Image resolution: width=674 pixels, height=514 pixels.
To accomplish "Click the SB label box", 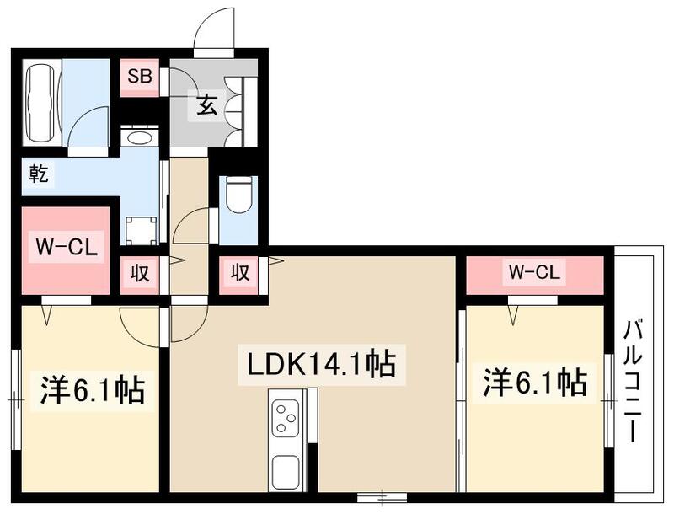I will [139, 76].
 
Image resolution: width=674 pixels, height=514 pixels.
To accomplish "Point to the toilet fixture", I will [238, 196].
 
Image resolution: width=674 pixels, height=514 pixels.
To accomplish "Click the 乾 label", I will [38, 174].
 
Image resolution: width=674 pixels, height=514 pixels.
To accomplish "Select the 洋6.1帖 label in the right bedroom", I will [534, 383].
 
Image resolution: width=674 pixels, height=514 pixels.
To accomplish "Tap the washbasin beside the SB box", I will [139, 137].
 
